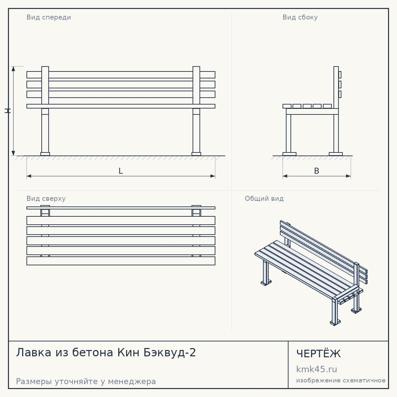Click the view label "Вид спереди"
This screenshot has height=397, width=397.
coord(48,17)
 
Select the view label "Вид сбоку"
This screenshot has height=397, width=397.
coord(300,17)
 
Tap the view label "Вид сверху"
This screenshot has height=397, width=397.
coord(46,198)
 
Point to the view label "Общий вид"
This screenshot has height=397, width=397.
coord(264,198)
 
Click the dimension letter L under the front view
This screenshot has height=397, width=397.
coord(121,171)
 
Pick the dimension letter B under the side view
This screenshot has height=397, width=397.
coord(316,171)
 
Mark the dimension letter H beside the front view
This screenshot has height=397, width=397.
coord(8,111)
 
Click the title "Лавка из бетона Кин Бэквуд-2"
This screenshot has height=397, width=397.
coord(106,353)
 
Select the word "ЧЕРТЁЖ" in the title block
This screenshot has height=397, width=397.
coord(318,353)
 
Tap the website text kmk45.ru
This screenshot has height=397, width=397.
coord(316,369)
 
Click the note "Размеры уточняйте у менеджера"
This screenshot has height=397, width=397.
coord(86,381)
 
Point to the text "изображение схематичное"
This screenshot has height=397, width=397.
coord(341,380)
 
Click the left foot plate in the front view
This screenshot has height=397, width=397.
coord(45,154)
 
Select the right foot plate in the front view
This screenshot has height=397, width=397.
coord(196,154)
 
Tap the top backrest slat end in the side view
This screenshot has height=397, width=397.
coord(340,75)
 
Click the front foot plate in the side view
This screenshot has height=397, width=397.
coord(289,154)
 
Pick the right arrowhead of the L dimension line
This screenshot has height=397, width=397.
coord(213,176)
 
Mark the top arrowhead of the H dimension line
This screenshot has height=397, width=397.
coord(13,69)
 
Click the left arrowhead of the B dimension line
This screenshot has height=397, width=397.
coord(285,176)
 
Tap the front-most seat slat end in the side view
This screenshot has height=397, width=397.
coord(287,106)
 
